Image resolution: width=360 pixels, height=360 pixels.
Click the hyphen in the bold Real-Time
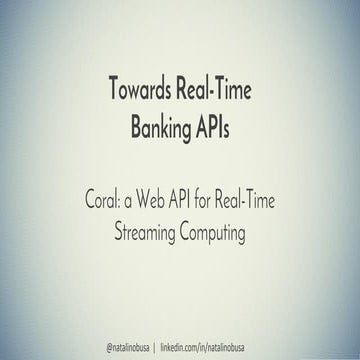click(216, 89)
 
